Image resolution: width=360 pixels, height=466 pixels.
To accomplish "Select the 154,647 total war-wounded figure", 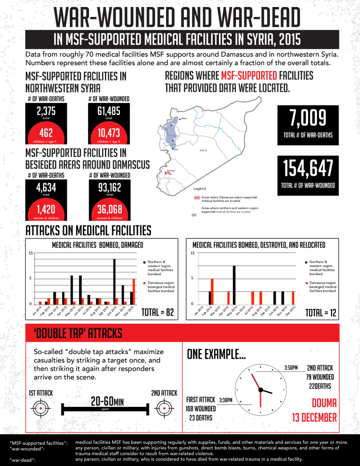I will click(308, 168).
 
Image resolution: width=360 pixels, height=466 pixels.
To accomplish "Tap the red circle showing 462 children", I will click(46, 133).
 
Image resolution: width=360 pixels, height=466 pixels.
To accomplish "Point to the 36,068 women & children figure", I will click(109, 210).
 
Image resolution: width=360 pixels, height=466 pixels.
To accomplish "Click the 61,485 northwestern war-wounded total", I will click(109, 111).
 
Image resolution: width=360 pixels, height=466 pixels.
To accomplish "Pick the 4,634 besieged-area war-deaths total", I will click(46, 188).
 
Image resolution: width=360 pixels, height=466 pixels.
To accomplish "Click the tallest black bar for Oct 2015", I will click(114, 282).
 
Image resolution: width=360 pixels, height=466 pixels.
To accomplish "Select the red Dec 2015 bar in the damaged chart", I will click(134, 292).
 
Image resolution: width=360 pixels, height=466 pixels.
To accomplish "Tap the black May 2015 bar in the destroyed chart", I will click(234, 285).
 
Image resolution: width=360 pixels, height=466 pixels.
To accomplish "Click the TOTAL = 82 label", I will click(158, 312).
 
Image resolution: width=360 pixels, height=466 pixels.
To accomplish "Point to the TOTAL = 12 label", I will click(321, 313).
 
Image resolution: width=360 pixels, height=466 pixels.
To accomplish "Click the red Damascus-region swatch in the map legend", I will click(197, 198).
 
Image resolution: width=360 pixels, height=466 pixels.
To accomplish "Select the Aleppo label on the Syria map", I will click(184, 118).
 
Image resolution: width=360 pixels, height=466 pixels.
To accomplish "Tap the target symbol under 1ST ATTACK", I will click(40, 408).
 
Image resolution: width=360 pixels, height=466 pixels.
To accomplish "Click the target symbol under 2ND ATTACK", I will click(164, 408).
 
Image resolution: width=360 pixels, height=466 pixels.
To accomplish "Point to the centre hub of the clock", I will click(260, 389).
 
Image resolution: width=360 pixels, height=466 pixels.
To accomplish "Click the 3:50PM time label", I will click(291, 368).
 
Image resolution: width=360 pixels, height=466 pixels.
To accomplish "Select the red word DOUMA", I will click(324, 403).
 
